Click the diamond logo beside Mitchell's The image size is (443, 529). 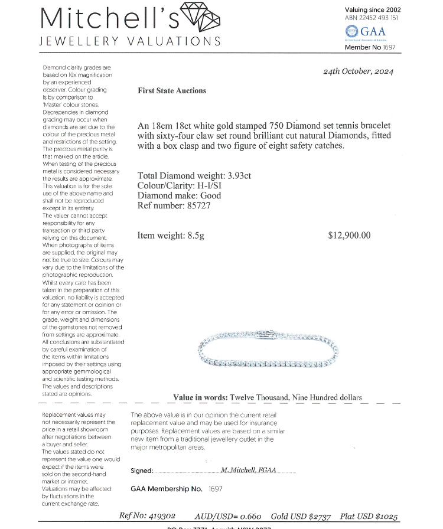tap(199, 18)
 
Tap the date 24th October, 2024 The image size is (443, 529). tap(358, 71)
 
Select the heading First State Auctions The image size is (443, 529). tap(172, 90)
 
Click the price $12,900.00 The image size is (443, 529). tap(349, 235)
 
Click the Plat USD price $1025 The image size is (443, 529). tap(386, 515)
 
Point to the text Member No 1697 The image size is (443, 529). tap(370, 47)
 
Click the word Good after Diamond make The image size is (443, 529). tap(211, 195)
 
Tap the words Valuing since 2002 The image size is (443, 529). tap(372, 9)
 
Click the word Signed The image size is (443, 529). tap(142, 471)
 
